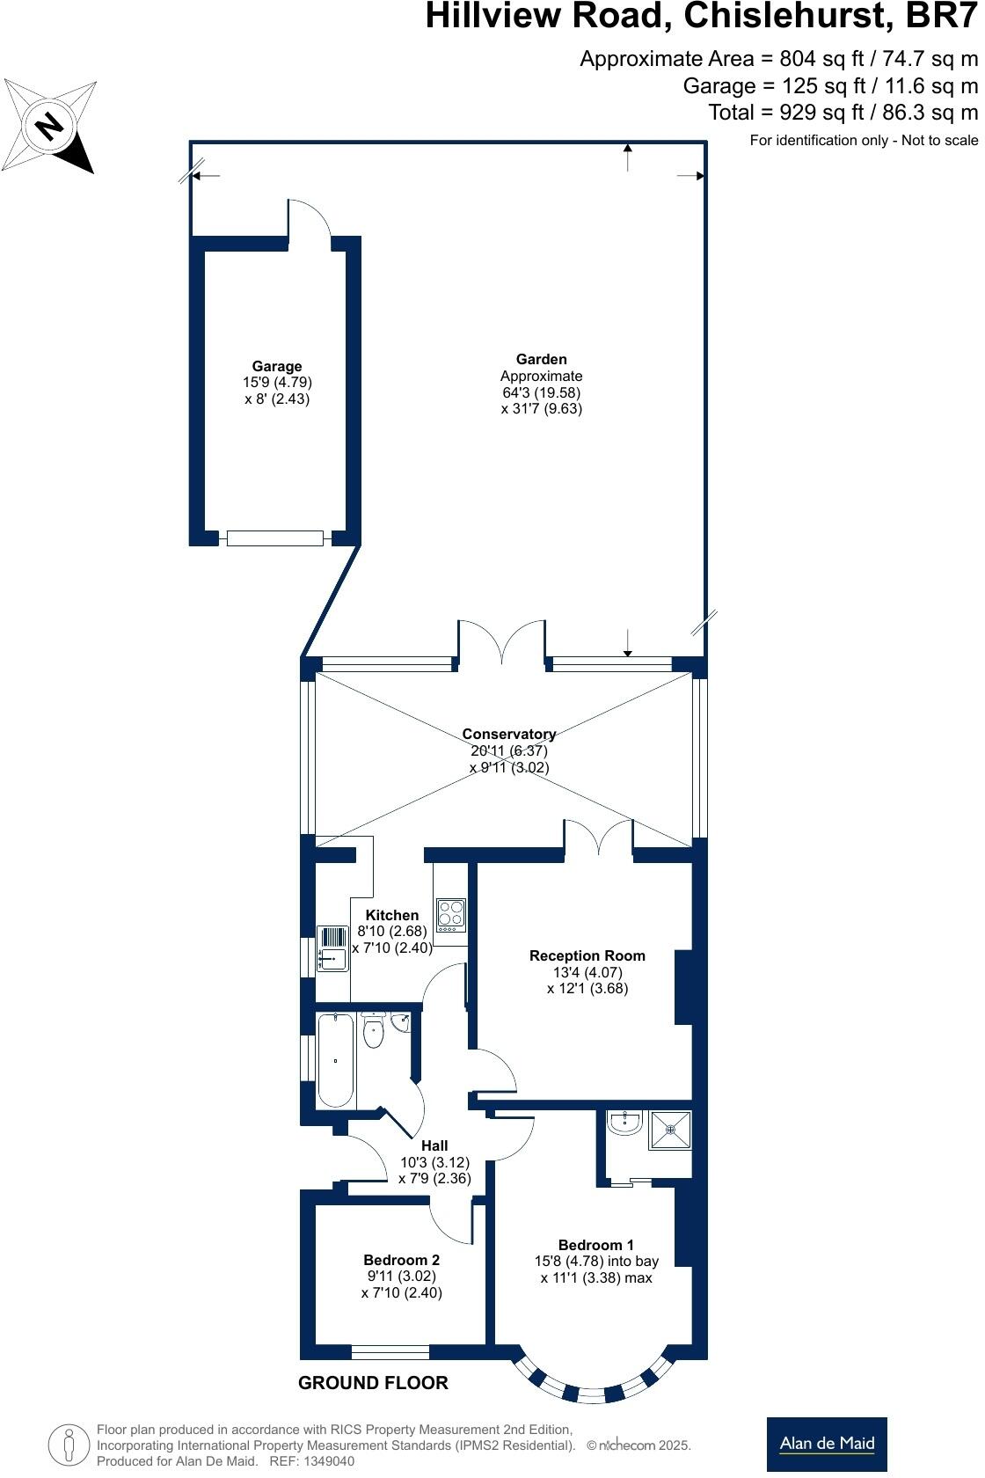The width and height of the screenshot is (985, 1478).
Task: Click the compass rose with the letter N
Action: click(50, 126)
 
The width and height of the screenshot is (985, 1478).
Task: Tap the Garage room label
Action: click(277, 366)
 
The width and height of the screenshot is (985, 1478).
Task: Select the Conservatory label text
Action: click(508, 734)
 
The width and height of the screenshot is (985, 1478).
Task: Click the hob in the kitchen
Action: click(451, 915)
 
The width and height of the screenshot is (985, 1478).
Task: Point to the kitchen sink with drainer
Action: click(332, 949)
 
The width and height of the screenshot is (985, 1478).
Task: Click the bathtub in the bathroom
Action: click(335, 1060)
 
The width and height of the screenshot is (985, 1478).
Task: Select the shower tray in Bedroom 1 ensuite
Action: click(670, 1130)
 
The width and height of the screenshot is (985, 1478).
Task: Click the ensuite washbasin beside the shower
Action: click(625, 1123)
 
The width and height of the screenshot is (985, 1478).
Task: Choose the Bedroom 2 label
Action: click(401, 1260)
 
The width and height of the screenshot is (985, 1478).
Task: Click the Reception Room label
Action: click(587, 955)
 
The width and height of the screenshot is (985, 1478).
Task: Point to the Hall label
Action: click(434, 1145)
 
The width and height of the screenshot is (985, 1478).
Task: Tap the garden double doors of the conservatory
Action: click(501, 642)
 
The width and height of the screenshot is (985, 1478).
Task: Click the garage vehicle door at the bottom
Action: click(274, 538)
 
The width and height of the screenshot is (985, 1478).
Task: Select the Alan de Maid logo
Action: click(826, 1444)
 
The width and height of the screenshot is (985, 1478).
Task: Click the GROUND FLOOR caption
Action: click(373, 1383)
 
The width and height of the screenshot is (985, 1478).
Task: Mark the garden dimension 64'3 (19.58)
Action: click(541, 392)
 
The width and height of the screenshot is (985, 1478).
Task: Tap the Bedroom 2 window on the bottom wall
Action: click(390, 1352)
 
